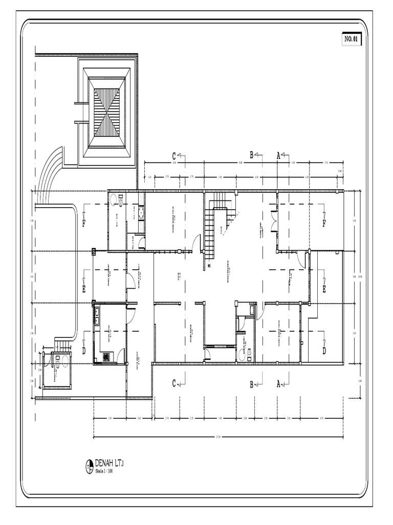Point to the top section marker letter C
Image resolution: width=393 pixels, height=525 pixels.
(174, 155)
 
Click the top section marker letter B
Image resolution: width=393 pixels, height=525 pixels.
(252, 155)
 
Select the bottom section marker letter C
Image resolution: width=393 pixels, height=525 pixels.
(174, 383)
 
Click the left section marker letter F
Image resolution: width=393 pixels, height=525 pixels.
(84, 223)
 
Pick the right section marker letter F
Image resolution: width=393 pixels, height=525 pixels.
(323, 223)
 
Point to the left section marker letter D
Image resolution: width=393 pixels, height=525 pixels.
(84, 351)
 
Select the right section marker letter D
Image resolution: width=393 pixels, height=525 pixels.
(323, 351)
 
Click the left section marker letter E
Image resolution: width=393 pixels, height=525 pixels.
(84, 290)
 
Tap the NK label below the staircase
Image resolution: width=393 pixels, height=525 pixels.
(209, 265)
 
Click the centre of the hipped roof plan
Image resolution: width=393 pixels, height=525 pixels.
(107, 112)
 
